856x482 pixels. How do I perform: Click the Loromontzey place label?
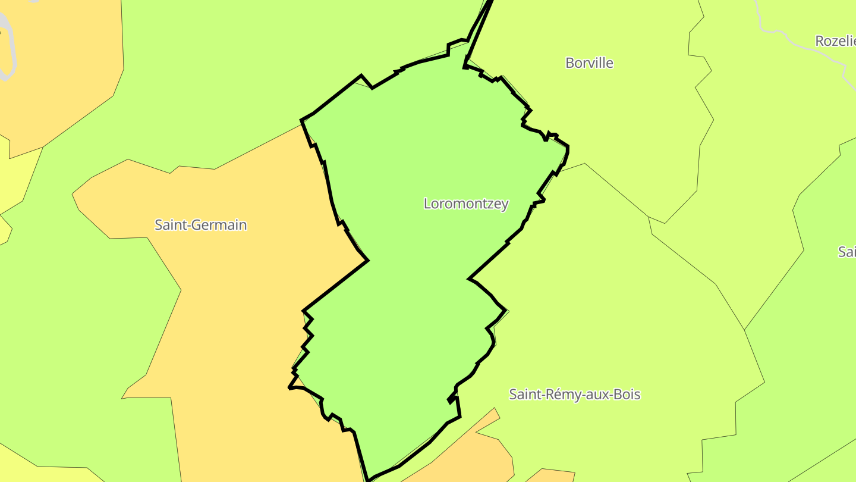tap(466, 204)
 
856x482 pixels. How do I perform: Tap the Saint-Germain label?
tap(200, 225)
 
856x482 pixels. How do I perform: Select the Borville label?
tap(589, 63)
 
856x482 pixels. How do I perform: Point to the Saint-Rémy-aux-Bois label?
tap(575, 395)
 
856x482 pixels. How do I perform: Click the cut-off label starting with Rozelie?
tap(835, 41)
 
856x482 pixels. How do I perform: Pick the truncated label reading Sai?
tap(846, 252)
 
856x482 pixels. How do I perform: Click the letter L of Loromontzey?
tap(427, 204)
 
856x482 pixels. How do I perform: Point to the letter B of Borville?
tap(569, 63)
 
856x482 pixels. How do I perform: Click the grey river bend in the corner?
tap(7, 48)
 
